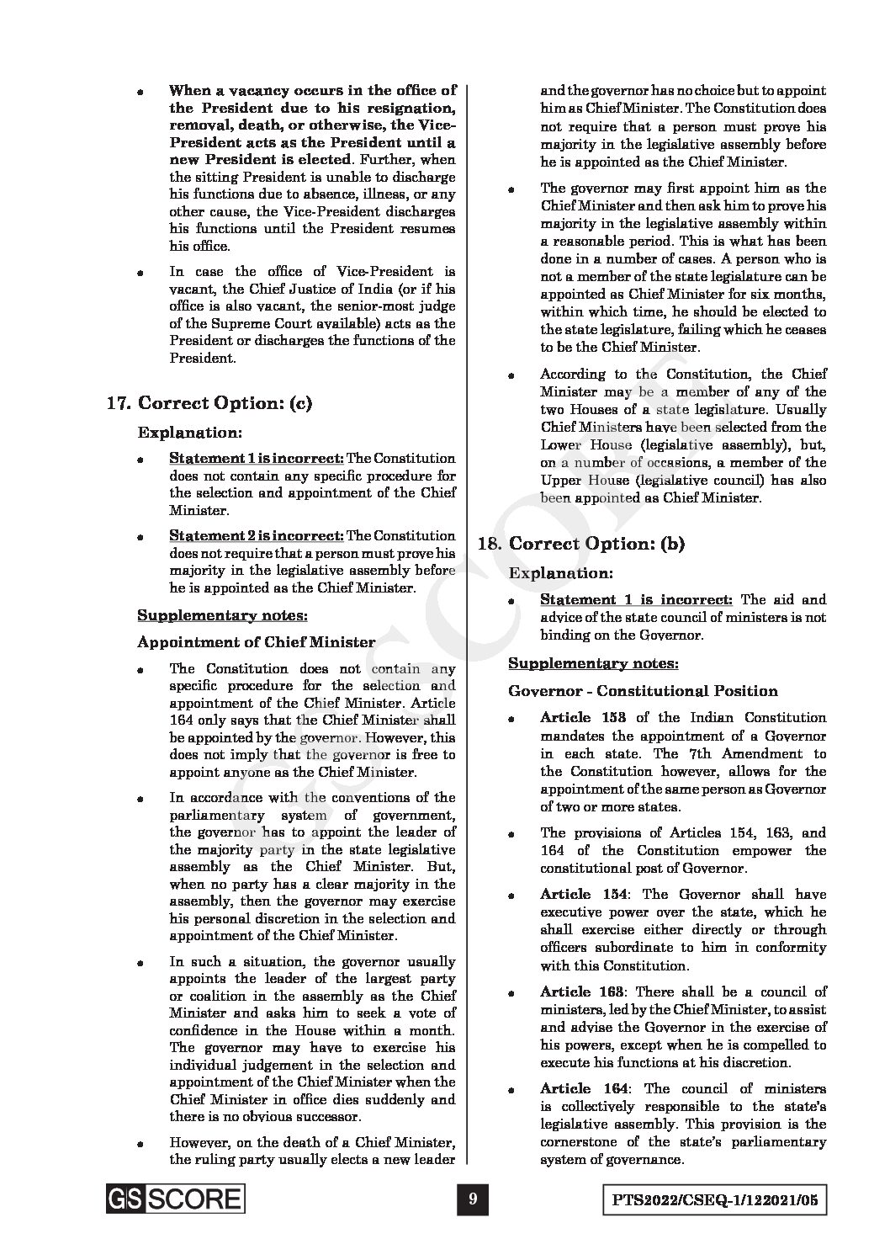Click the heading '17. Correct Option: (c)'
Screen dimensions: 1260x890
click(209, 403)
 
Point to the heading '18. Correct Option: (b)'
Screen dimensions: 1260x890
click(581, 544)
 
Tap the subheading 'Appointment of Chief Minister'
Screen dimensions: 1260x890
click(256, 642)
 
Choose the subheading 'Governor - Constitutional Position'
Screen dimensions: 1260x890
click(643, 691)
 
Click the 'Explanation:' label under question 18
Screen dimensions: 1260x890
click(561, 573)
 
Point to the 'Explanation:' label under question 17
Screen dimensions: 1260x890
click(190, 433)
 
